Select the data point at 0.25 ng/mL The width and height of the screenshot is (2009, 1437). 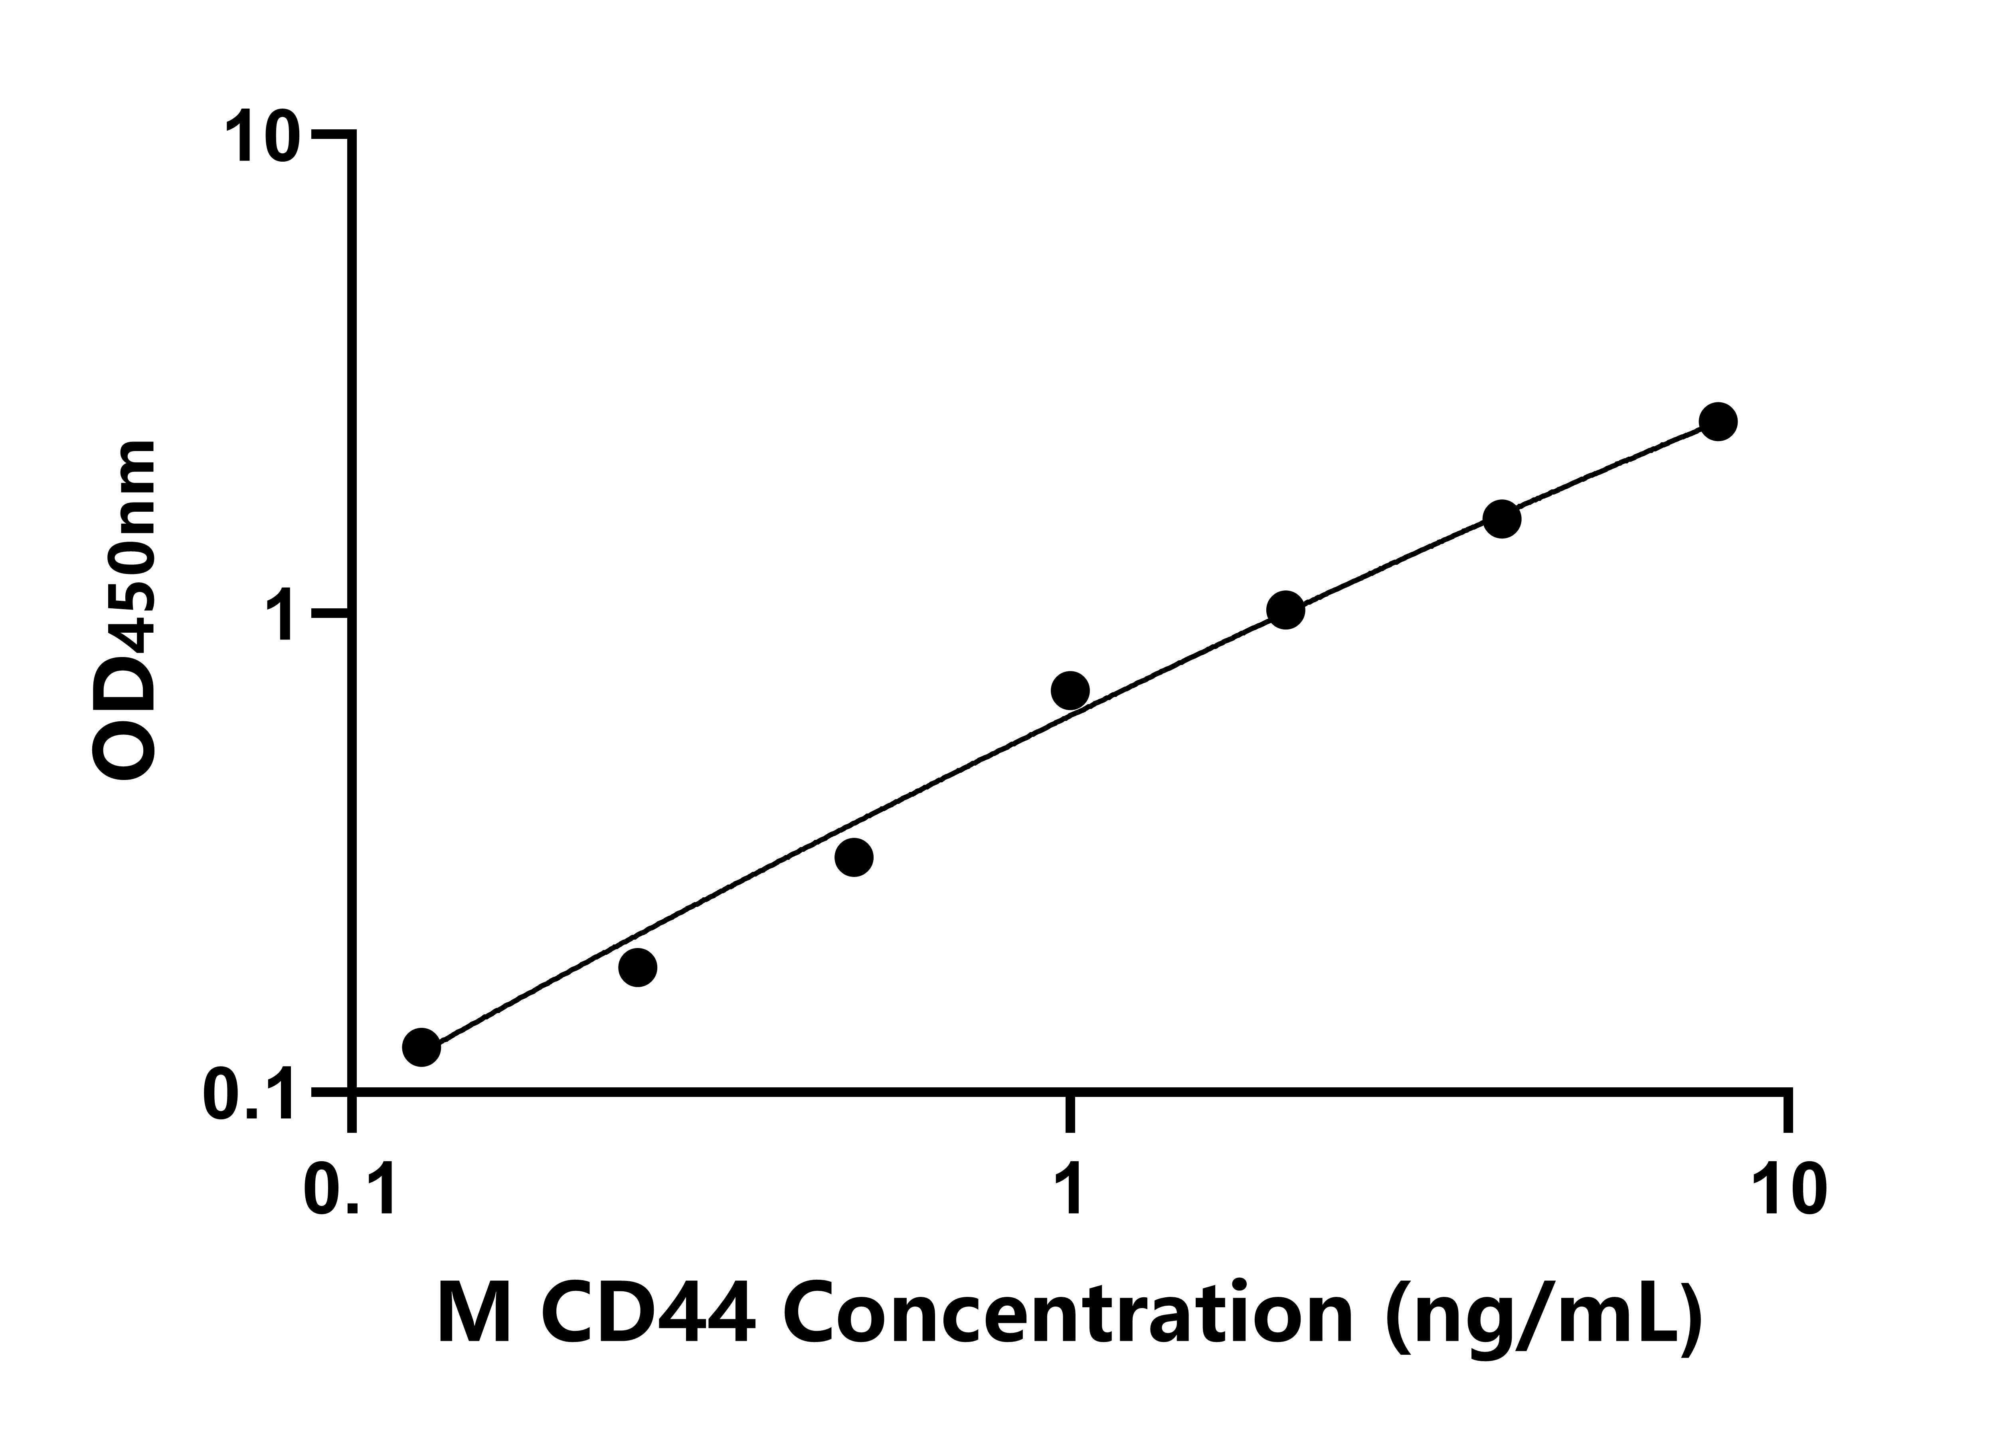tap(638, 967)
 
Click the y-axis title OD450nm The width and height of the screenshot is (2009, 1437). tap(124, 611)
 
